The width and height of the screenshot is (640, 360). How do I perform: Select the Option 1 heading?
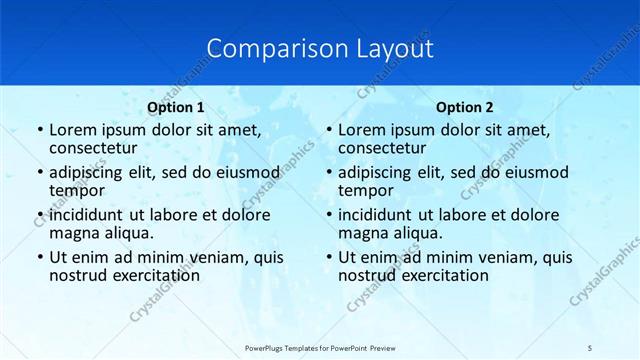(176, 107)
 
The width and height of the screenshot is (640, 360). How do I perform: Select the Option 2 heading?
(465, 107)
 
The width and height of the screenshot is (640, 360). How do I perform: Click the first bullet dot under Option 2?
(329, 131)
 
